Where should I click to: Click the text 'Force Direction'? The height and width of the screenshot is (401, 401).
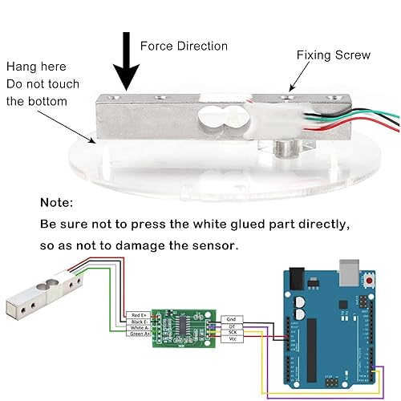click(184, 46)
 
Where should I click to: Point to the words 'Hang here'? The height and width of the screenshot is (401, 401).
click(37, 67)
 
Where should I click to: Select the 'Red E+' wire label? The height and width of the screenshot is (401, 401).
click(138, 314)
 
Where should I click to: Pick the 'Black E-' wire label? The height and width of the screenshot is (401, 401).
click(138, 321)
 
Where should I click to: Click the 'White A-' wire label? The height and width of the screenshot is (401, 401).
click(138, 327)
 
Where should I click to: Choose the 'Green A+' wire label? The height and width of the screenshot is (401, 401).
click(138, 334)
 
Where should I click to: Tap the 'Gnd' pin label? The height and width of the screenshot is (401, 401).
click(231, 319)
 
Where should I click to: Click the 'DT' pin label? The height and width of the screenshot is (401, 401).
click(231, 326)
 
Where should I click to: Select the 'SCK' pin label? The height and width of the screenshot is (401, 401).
click(231, 332)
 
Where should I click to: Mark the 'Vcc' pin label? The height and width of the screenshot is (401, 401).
click(231, 339)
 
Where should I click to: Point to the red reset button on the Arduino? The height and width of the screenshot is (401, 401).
click(370, 283)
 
